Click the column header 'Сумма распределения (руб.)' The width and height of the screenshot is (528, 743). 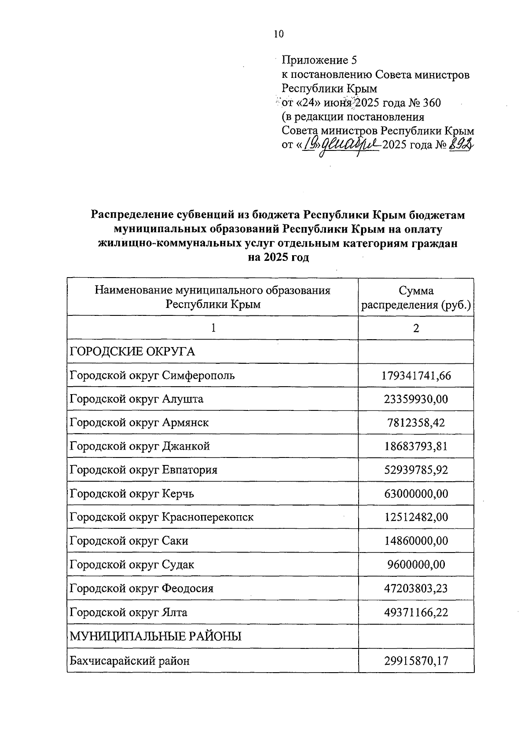416,297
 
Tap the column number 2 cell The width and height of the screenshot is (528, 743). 416,328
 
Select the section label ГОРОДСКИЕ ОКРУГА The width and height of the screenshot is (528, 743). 132,352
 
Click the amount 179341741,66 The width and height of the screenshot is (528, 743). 416,376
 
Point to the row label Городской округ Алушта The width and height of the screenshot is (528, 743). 136,399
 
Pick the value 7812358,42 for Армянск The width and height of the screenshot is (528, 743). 416,423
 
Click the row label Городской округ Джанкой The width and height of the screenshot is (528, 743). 139,447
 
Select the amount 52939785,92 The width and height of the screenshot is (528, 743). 416,470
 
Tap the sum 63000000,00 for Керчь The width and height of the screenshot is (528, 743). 416,494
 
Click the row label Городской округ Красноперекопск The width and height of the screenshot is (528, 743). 161,517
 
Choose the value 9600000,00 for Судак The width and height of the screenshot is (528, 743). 416,565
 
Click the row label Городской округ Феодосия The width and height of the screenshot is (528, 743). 141,589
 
